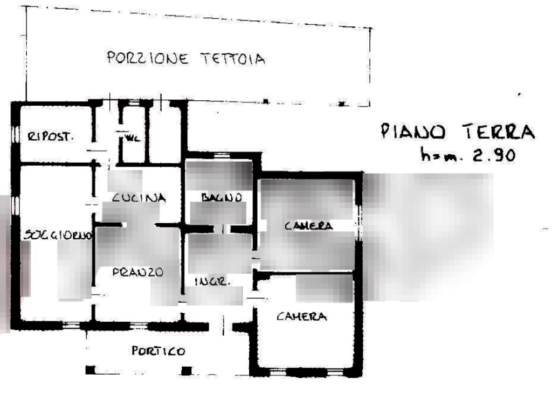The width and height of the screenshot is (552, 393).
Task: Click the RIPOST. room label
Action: tap(51, 136)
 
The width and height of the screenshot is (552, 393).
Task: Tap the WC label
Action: tap(132, 138)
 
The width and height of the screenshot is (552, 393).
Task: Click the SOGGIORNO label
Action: tap(58, 236)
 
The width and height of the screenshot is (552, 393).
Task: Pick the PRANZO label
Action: tap(138, 272)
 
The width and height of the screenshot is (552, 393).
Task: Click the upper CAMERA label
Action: tap(308, 226)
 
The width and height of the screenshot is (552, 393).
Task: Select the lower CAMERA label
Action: tap(302, 317)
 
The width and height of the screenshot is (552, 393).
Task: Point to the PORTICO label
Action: tap(158, 351)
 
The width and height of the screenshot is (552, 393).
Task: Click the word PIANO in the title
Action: tap(412, 132)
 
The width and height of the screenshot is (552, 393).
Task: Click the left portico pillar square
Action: tap(90, 370)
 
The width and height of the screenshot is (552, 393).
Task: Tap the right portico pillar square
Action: tap(187, 369)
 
